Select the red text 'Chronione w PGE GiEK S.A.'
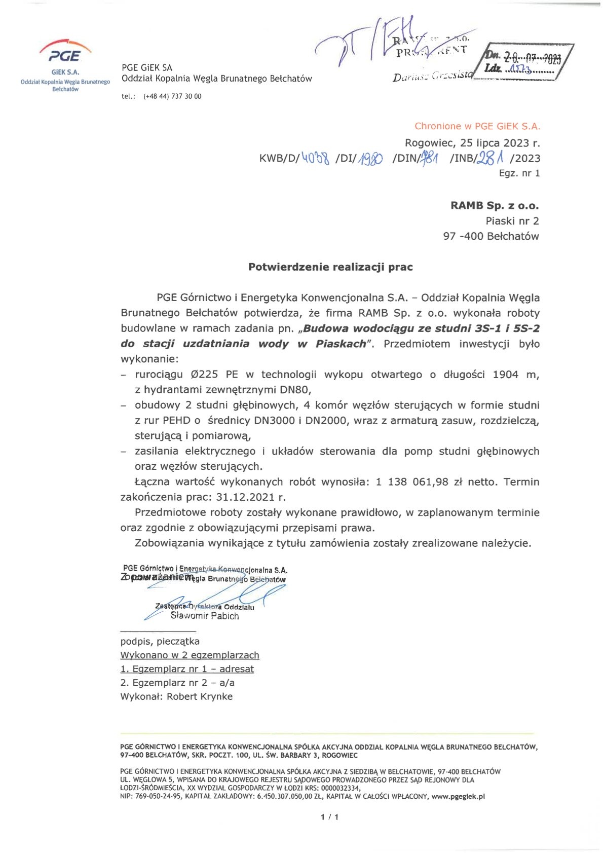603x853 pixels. pos(477,126)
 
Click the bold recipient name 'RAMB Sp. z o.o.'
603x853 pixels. pos(495,206)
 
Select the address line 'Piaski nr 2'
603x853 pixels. pos(512,221)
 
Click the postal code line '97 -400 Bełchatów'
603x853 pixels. pos(491,236)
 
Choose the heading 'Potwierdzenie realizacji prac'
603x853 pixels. pos(330,267)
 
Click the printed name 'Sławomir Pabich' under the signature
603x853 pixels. pos(205,616)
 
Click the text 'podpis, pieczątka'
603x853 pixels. pos(160,642)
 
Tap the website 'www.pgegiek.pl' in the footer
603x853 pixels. pos(458,796)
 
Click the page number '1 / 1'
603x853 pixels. pos(329,817)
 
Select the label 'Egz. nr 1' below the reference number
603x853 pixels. pos(519,173)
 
